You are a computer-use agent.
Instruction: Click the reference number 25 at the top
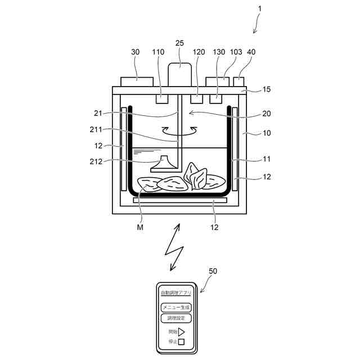tap(179, 43)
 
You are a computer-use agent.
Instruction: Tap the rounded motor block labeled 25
tap(179, 74)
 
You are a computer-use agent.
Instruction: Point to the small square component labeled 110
tap(162, 98)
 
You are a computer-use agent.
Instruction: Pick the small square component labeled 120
tap(196, 98)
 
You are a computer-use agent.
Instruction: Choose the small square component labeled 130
tap(215, 99)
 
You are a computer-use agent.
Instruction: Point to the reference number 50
tap(213, 271)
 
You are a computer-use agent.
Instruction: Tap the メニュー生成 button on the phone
tap(176, 307)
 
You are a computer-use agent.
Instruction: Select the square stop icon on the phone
tap(181, 341)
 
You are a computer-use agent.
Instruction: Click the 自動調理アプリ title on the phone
tap(176, 294)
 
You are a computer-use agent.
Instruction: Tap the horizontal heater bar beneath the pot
tap(179, 200)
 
